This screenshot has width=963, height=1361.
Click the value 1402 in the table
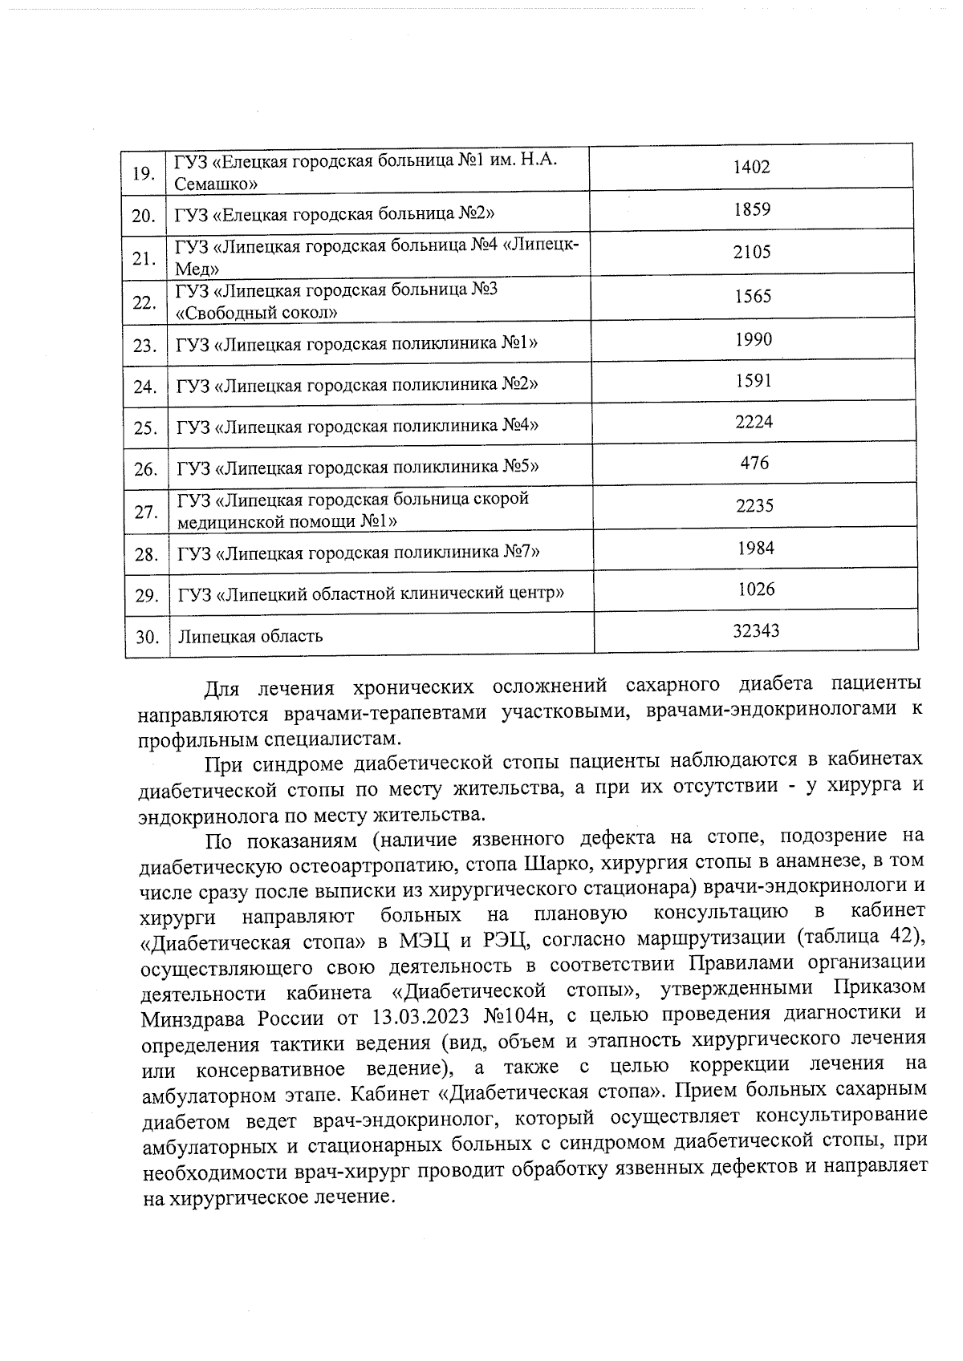tap(751, 167)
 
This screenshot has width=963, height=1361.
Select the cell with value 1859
tap(751, 210)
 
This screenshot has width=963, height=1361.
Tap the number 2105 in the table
tap(751, 252)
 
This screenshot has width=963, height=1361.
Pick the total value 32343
tap(755, 631)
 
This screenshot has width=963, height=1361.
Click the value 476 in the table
tap(754, 463)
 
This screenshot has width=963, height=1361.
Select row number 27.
tap(145, 511)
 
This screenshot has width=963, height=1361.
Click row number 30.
tap(146, 638)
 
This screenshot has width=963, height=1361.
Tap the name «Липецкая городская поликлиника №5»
tap(356, 467)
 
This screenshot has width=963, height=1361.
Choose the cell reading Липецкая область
tap(250, 637)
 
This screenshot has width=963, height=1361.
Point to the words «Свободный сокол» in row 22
tap(256, 312)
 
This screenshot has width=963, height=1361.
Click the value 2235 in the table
tap(754, 505)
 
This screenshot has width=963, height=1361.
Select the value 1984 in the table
tap(754, 548)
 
